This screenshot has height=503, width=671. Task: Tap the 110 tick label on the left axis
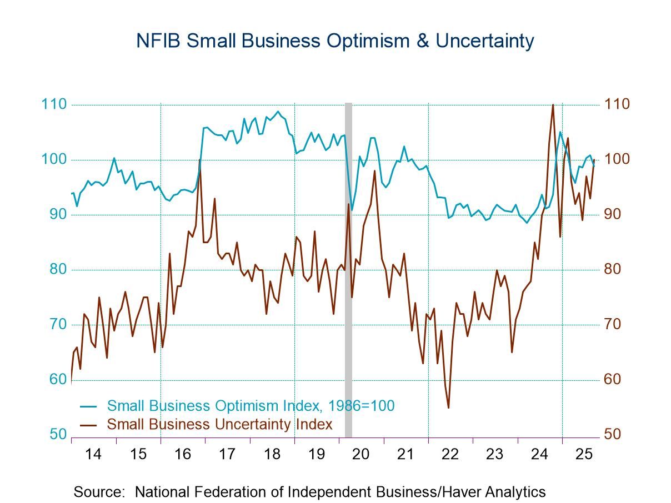click(x=53, y=104)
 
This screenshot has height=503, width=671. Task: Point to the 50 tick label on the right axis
click(x=616, y=434)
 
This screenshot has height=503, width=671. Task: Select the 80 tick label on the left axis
click(x=57, y=269)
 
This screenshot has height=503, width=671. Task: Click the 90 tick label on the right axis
click(x=616, y=214)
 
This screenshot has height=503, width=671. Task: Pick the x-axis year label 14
click(x=93, y=454)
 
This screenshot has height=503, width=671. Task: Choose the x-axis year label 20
click(x=361, y=454)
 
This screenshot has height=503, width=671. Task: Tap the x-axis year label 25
click(x=584, y=454)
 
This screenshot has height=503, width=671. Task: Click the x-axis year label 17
click(x=227, y=454)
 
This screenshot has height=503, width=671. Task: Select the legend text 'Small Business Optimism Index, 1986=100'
click(x=251, y=406)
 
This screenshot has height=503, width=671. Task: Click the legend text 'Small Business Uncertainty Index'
click(x=219, y=424)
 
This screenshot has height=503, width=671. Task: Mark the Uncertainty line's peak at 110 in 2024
click(x=553, y=105)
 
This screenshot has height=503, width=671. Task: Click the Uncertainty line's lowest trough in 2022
click(x=448, y=408)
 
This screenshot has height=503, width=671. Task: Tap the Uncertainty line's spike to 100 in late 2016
click(x=199, y=160)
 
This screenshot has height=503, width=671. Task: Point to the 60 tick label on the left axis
click(x=57, y=379)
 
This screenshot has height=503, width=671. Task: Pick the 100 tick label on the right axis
click(x=618, y=159)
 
